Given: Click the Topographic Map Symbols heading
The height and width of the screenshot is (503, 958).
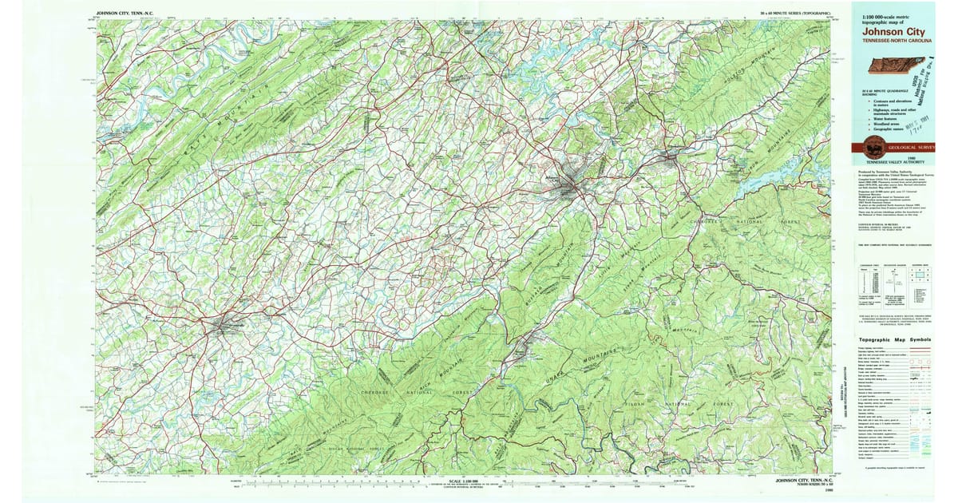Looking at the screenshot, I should pyautogui.click(x=894, y=339).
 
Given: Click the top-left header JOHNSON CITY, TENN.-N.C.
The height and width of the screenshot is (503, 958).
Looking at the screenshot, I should pyautogui.click(x=132, y=14).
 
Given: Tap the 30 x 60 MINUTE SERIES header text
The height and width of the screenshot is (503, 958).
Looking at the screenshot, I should pyautogui.click(x=795, y=14).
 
